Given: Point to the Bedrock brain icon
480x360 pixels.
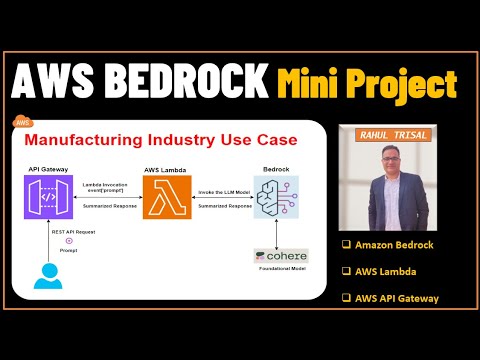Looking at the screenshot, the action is coord(274,196).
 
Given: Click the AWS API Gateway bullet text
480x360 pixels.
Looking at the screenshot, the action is coord(397,299).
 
